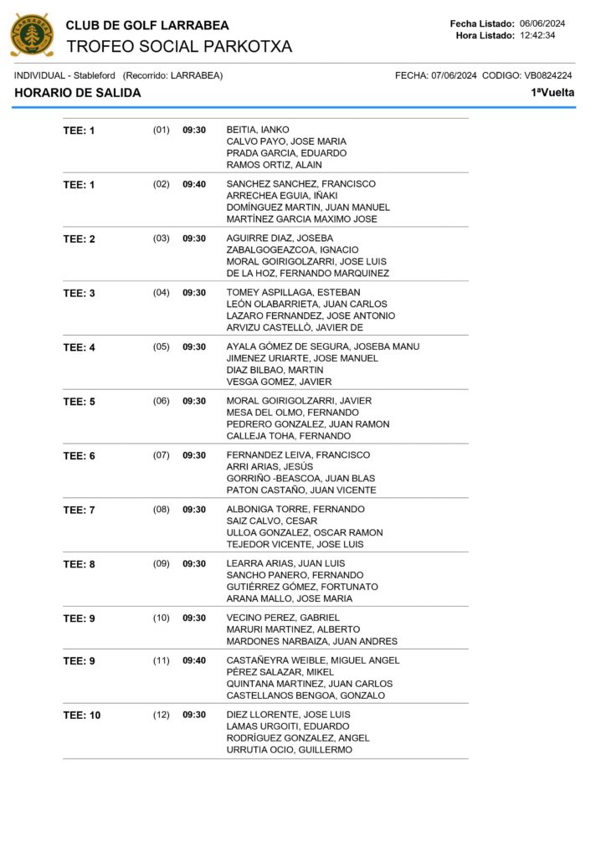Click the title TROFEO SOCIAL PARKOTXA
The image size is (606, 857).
click(178, 47)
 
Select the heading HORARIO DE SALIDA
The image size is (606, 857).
click(78, 93)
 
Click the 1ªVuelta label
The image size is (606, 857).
click(552, 93)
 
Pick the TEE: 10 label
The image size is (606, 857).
click(82, 716)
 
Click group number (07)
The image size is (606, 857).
click(161, 455)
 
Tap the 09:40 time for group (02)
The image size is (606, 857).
click(194, 184)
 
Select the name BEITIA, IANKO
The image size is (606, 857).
click(258, 130)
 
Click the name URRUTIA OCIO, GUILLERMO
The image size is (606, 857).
click(290, 750)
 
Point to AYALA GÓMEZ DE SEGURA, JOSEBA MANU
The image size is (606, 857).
click(323, 346)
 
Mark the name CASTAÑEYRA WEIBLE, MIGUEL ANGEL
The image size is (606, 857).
click(313, 660)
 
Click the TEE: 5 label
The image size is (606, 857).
click(80, 402)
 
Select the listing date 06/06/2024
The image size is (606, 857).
click(542, 23)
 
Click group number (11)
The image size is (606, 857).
click(161, 660)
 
